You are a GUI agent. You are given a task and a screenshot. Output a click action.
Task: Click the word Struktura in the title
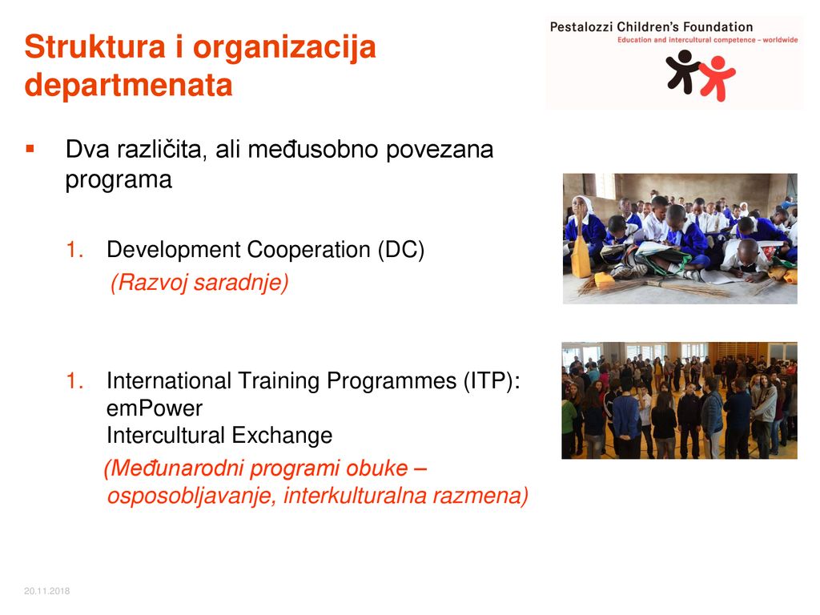click(95, 47)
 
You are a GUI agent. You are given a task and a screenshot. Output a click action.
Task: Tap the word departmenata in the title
click(128, 85)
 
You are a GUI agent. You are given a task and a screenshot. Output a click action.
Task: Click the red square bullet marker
click(30, 149)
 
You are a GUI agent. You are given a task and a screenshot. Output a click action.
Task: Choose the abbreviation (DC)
click(401, 250)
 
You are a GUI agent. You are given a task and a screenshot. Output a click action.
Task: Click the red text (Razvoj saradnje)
click(199, 283)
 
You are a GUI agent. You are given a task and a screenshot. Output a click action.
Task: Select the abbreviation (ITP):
click(492, 380)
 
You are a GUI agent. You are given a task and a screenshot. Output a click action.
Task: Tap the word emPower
click(155, 408)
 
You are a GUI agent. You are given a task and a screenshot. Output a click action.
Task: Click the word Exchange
click(282, 435)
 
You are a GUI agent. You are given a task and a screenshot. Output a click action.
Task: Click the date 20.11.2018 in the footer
click(46, 591)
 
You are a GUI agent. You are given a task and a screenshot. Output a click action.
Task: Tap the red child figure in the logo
click(717, 78)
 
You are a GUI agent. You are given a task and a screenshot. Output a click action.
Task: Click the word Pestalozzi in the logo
click(581, 27)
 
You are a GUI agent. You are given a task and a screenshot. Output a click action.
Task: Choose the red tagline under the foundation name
click(708, 40)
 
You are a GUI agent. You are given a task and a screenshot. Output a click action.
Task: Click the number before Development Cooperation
click(74, 250)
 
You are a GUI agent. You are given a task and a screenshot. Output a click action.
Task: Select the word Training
click(279, 381)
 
